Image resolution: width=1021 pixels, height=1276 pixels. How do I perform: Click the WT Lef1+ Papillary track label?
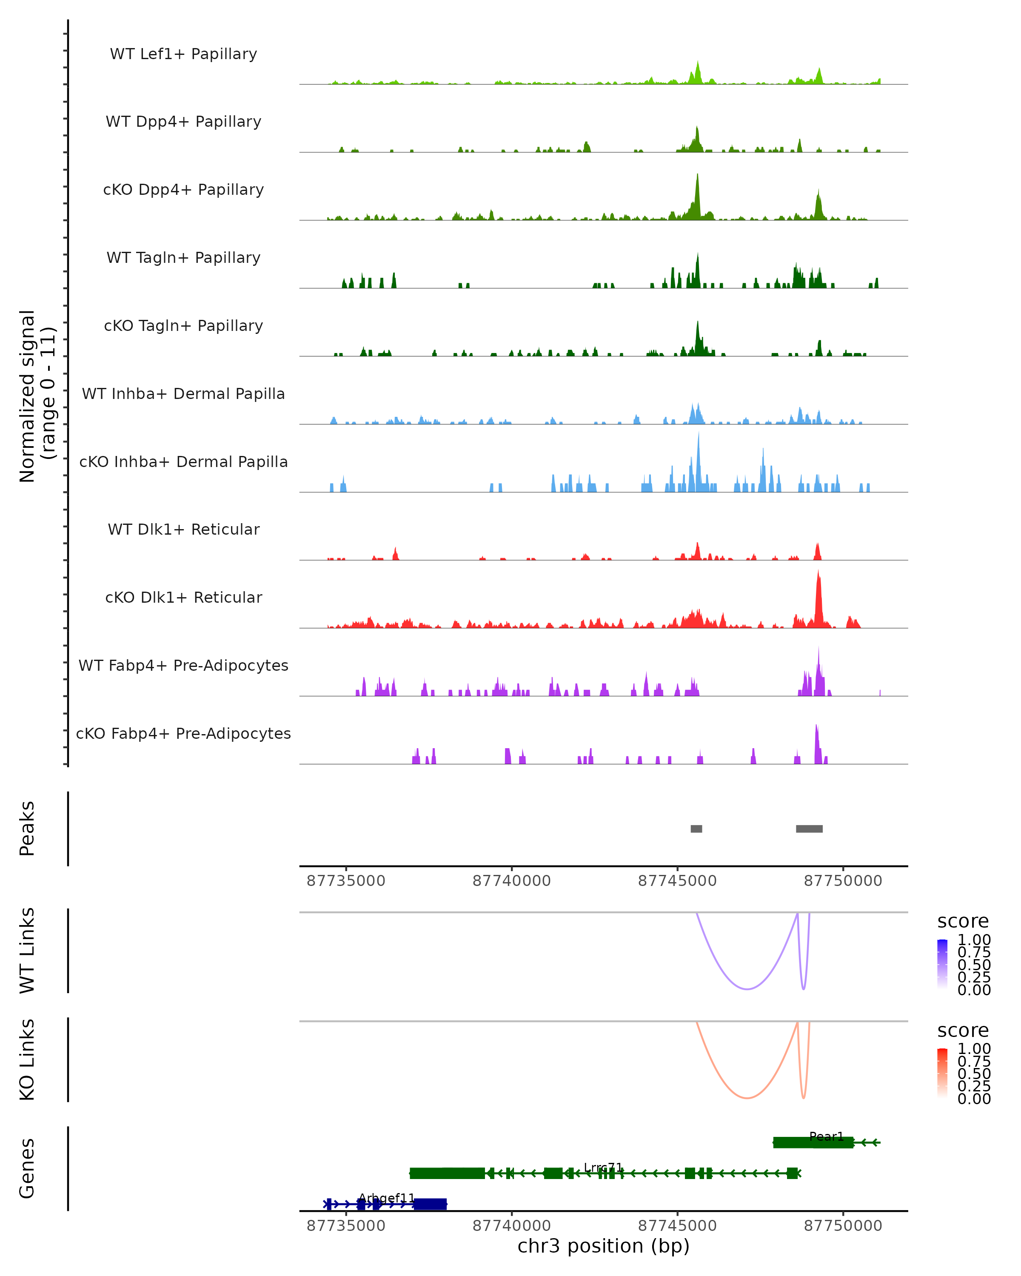coord(183,54)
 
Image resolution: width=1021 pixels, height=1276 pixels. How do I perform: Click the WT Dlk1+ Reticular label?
coord(183,529)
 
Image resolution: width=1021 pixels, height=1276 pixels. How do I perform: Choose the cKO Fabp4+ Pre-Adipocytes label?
coord(183,733)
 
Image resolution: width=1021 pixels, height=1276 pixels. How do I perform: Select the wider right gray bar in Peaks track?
coord(809,829)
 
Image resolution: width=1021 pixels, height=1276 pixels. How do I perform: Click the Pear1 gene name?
coord(826,1136)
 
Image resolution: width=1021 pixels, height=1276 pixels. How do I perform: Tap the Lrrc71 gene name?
coord(603,1168)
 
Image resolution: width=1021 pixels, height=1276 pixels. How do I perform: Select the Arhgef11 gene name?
coord(387,1199)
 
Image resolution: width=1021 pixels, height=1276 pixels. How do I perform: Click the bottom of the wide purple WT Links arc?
coord(747,989)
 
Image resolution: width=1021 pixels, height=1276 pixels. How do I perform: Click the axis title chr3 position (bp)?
coord(603,1246)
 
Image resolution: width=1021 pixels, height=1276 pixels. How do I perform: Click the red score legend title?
coord(962,1031)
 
